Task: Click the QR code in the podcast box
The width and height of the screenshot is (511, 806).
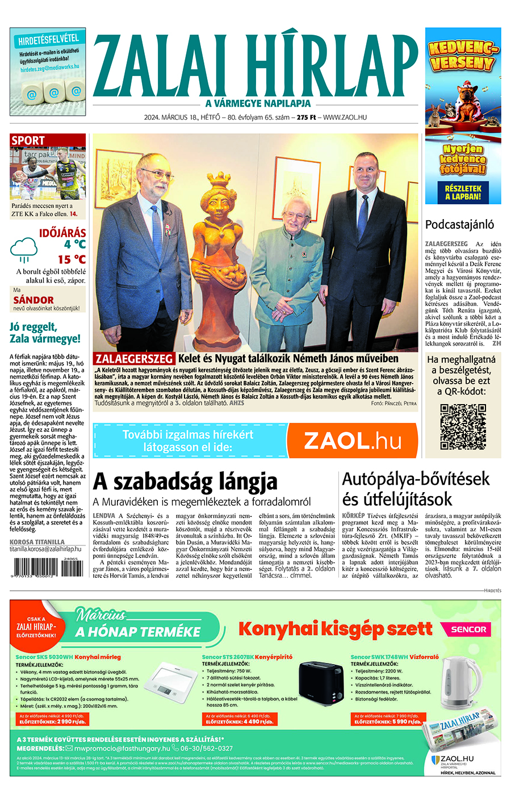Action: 463,427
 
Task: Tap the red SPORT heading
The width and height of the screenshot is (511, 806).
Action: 28,140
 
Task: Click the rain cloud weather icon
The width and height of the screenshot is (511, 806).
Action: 24,247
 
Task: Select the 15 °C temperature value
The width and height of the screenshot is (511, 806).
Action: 72,259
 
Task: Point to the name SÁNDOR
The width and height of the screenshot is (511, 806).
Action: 33,300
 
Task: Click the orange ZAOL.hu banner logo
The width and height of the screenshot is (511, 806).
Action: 353,441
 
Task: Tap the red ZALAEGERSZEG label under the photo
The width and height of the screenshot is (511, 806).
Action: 134,359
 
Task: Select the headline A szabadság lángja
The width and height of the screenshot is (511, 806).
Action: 185,482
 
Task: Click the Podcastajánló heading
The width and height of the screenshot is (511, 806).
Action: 459,224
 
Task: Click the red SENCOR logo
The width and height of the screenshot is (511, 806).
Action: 468,629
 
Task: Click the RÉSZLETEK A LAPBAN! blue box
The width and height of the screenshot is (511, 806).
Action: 463,192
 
